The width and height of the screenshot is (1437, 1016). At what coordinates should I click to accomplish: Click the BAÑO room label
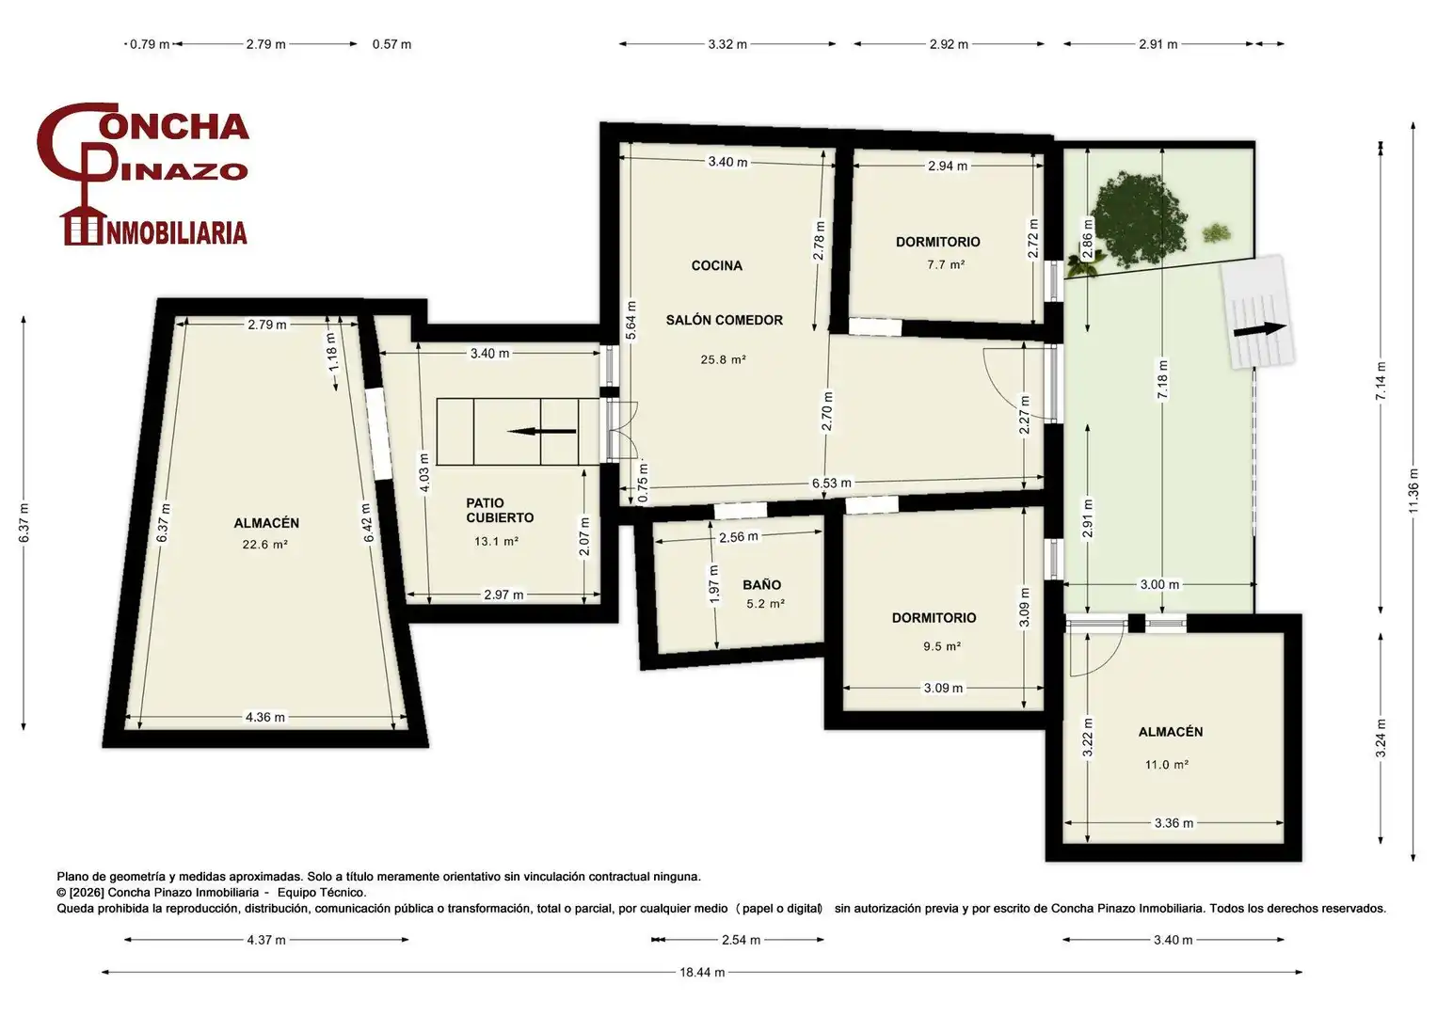761,584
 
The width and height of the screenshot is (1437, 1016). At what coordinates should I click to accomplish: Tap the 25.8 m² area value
723,359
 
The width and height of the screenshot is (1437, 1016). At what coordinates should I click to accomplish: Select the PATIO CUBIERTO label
500,510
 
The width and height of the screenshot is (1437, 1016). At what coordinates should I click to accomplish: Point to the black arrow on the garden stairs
1260,329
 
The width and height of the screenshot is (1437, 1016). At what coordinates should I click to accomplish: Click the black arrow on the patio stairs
541,432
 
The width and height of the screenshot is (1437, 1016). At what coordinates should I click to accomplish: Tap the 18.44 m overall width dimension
702,973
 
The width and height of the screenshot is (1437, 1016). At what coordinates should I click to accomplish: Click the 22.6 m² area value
265,545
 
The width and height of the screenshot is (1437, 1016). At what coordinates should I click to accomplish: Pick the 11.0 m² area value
1166,765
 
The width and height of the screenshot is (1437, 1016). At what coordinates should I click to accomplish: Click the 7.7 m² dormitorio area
946,264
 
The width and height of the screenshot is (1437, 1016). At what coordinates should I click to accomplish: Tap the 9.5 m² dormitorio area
942,646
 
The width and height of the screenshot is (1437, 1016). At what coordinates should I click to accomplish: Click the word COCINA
716,265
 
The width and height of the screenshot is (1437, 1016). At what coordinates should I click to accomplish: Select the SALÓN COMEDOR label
725,320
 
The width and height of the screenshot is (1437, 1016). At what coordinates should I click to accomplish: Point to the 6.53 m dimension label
832,483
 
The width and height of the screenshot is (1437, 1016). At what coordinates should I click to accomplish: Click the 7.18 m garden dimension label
1162,379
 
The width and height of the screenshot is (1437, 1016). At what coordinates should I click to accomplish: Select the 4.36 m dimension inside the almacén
265,717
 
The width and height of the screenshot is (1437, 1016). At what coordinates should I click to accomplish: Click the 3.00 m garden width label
1159,584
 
